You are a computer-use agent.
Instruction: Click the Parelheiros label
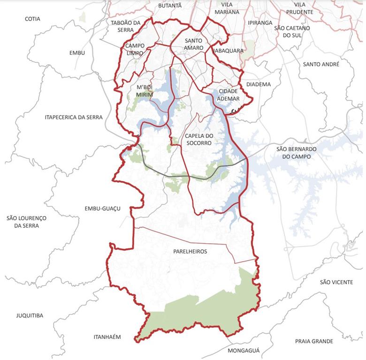click(190, 252)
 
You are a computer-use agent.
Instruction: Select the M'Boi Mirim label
click(145, 91)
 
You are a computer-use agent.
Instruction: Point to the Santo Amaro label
click(194, 44)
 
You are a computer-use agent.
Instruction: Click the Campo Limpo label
click(134, 49)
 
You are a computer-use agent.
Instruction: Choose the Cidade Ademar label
click(229, 95)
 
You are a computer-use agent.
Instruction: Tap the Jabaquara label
click(229, 51)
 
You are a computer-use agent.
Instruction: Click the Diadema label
click(259, 84)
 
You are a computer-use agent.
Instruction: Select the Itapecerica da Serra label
click(74, 117)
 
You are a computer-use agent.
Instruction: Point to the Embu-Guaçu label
click(103, 209)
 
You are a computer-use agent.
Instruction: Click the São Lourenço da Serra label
click(27, 222)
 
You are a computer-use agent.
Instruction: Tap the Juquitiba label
click(30, 315)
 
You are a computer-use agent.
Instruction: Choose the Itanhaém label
click(107, 337)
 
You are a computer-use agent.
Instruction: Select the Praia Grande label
click(314, 341)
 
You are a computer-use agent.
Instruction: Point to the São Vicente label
click(336, 282)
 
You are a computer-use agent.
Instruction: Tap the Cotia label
click(33, 19)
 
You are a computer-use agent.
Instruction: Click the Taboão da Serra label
click(126, 26)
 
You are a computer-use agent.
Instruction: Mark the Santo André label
click(321, 64)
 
